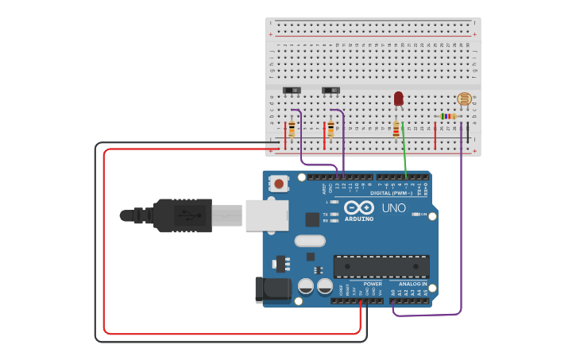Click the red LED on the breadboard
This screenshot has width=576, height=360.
pos(398,99)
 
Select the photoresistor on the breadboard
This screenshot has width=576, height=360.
pos(464,99)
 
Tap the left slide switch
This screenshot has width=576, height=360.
pos(292,91)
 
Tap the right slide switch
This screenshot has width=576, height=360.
pos(331,91)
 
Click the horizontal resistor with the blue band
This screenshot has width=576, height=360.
pos(448,116)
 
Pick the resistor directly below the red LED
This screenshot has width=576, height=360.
pos(396,129)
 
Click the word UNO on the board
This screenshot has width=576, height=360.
pos(394,208)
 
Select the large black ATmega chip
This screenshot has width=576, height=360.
pos(381,267)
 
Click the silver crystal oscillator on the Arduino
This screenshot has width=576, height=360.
pos(310,241)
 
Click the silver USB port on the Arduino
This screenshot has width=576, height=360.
pos(266,215)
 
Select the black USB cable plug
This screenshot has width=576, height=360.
pos(183,215)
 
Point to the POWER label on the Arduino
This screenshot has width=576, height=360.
pos(372,284)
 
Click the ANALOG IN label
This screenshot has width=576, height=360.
pos(412,284)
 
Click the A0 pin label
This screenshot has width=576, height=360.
pos(392,292)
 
